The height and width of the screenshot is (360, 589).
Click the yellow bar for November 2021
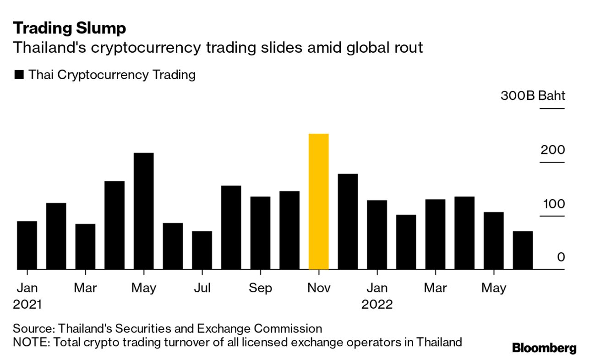[318, 202]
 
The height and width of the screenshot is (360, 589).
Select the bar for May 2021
[143, 211]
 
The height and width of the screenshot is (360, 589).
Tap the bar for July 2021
[202, 250]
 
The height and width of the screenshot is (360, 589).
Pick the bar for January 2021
[27, 245]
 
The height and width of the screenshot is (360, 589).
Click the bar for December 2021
[348, 222]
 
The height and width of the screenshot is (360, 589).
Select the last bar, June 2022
[523, 250]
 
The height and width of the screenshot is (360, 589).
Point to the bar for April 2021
[115, 225]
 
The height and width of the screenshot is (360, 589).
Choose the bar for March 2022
[435, 234]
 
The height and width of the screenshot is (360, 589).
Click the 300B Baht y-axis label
[533, 96]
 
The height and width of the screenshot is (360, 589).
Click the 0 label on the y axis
[561, 257]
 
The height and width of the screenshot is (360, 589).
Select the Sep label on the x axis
[260, 288]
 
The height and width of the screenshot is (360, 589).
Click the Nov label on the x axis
[318, 288]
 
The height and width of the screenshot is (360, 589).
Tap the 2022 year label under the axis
[377, 305]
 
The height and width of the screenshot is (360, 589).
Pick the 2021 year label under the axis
[27, 305]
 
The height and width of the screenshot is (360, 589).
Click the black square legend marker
[19, 75]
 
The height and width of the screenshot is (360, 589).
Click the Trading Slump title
[69, 28]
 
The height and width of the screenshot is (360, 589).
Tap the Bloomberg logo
[544, 348]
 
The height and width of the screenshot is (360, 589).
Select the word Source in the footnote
[32, 328]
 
